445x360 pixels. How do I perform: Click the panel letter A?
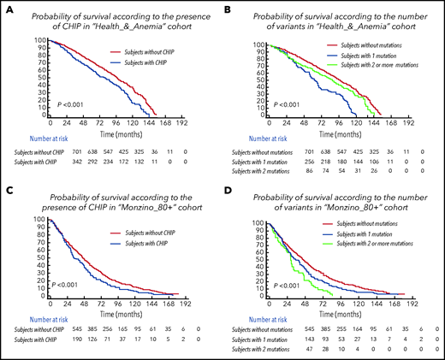(6, 7)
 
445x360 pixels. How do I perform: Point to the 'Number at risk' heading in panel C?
(31, 315)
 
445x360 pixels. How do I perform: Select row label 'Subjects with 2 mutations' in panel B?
(259, 172)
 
